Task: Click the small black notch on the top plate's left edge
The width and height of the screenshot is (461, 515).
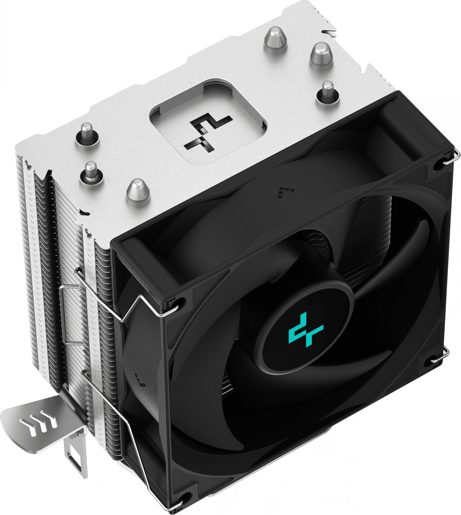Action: (x=84, y=212)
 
